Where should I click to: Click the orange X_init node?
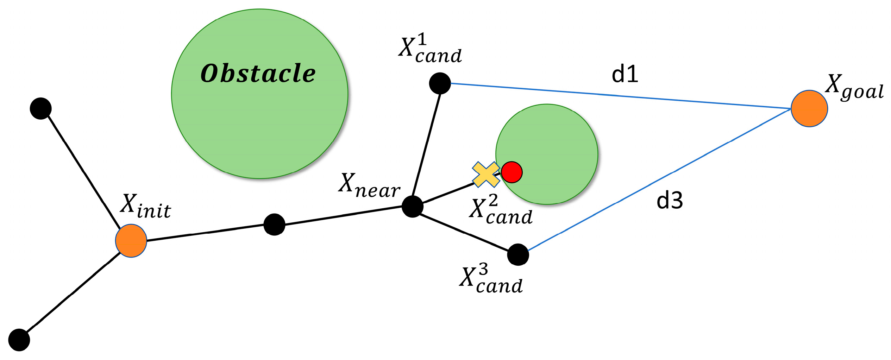coord(131,241)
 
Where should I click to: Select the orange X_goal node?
coord(809,108)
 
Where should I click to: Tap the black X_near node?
coord(412,207)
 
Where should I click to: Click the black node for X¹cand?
coord(440,83)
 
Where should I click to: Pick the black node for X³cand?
coord(518,254)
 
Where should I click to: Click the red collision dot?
coord(512,172)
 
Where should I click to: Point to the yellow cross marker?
coord(486,174)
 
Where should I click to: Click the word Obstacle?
coord(258,74)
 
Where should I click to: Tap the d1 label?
coord(625,75)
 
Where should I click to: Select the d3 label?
coord(670,201)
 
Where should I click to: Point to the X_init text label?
coord(146,207)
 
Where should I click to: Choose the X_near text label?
coord(369,185)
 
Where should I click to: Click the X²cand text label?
coord(501,210)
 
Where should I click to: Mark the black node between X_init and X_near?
coord(274,225)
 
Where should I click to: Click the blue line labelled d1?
coord(620,96)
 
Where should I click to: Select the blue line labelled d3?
coord(658,179)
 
